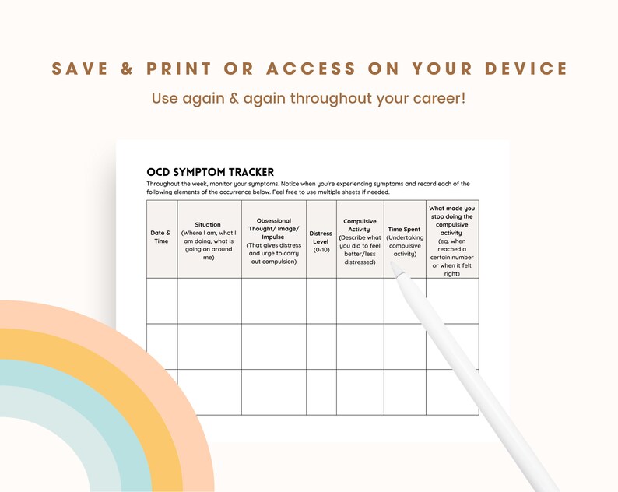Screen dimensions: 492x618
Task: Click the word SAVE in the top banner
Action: pyautogui.click(x=85, y=69)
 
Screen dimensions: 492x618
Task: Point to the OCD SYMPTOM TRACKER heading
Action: pyautogui.click(x=210, y=172)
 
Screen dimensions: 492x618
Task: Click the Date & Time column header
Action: pyautogui.click(x=160, y=237)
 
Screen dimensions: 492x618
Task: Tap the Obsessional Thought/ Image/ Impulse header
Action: pyautogui.click(x=273, y=241)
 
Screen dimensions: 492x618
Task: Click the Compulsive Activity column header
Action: pyautogui.click(x=360, y=241)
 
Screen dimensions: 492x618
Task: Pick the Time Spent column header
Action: pyautogui.click(x=404, y=241)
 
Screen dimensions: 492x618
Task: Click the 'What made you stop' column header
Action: pyautogui.click(x=451, y=240)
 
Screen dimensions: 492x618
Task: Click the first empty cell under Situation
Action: pyautogui.click(x=209, y=300)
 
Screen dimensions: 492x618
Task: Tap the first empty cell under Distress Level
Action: pyautogui.click(x=321, y=300)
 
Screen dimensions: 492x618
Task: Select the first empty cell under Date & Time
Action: pyautogui.click(x=161, y=300)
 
